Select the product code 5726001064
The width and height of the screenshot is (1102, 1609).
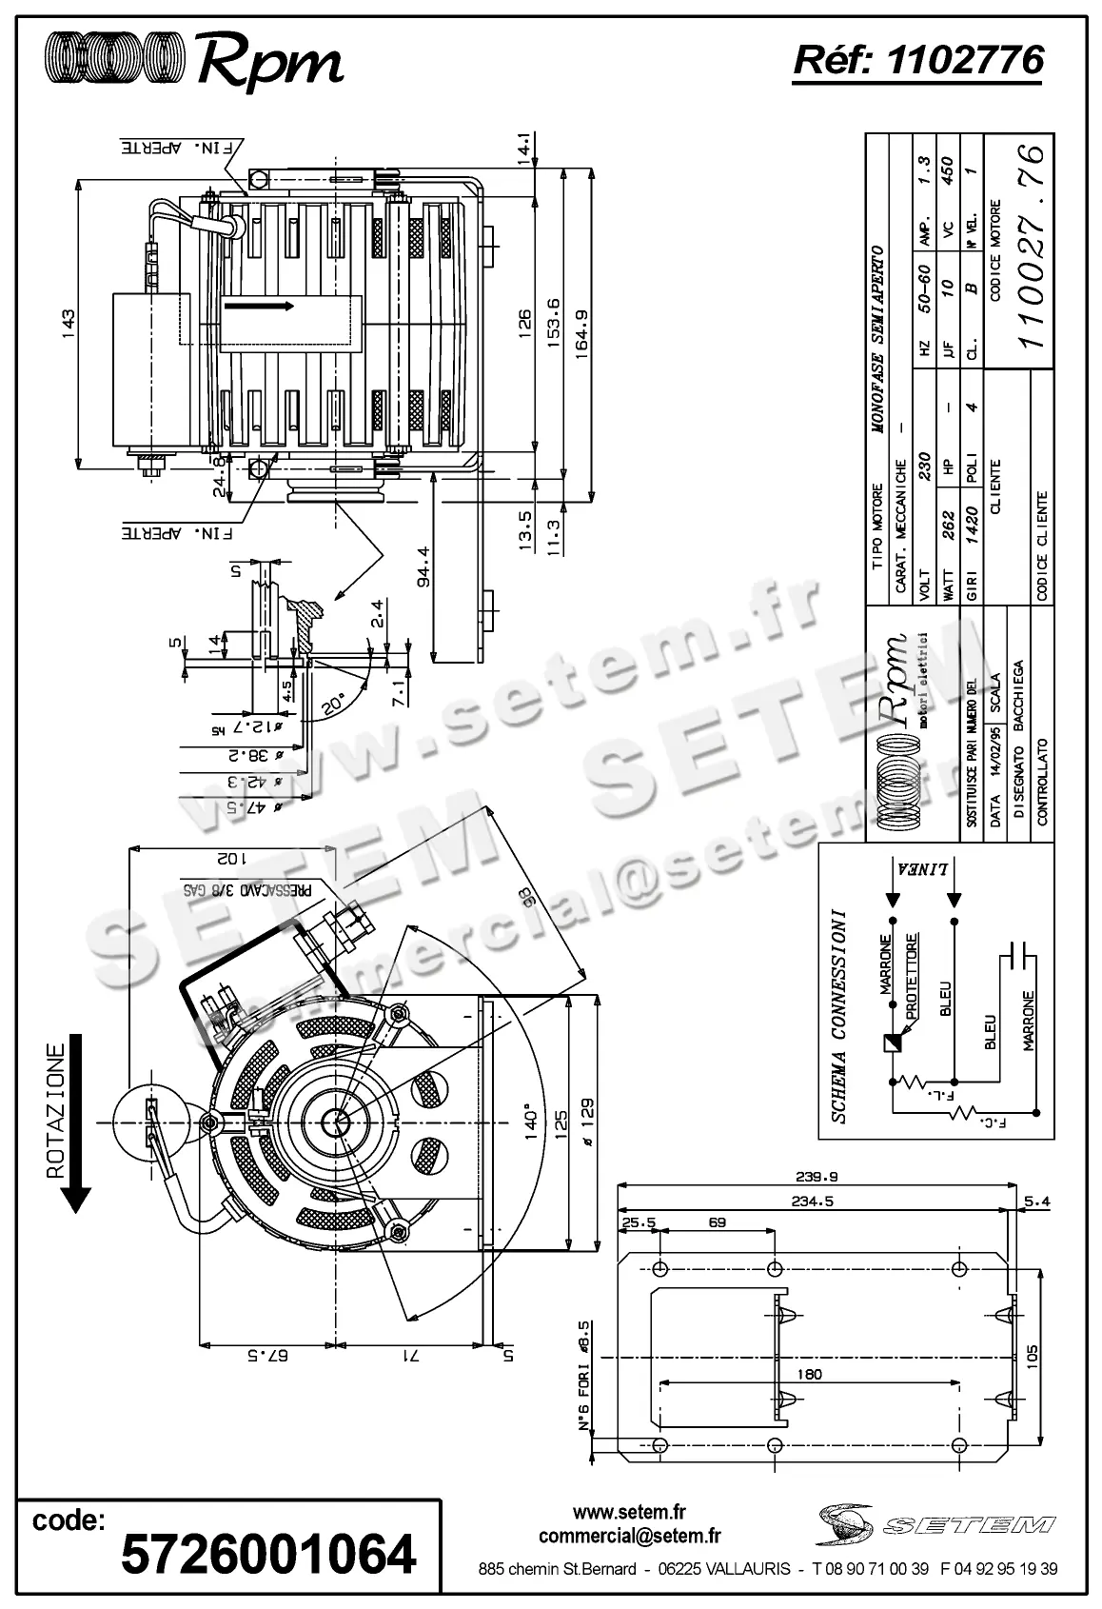pyautogui.click(x=269, y=1553)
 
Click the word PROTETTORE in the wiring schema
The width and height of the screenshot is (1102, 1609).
pyautogui.click(x=913, y=977)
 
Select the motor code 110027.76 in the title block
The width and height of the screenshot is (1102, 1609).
pyautogui.click(x=1032, y=246)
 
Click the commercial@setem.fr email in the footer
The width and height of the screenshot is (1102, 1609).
pyautogui.click(x=629, y=1536)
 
